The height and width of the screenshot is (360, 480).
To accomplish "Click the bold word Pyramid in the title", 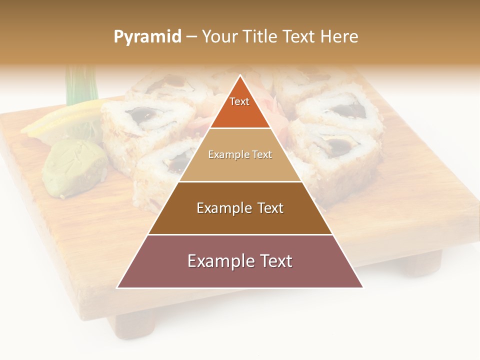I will (147, 37).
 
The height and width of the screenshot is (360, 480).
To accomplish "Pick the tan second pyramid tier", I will (240, 155).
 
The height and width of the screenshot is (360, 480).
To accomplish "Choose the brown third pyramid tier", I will (240, 208).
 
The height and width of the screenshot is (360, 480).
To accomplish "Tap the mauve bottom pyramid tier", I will (240, 261).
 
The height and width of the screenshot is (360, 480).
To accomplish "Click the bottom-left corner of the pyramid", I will (118, 287).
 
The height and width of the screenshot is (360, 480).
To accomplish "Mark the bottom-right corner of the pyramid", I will (362, 287).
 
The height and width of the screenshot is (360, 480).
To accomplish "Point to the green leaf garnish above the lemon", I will (80, 85).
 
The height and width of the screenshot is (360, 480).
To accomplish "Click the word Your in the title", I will (219, 37).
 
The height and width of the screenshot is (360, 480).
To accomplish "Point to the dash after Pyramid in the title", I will (191, 37).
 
